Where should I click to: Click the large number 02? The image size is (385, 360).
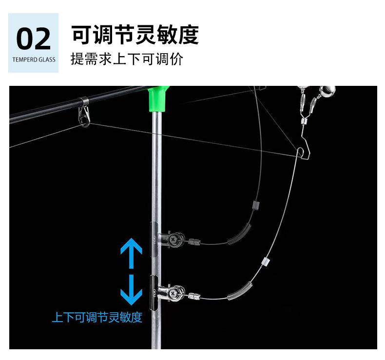(x=33, y=39)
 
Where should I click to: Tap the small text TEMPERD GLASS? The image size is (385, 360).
(x=33, y=60)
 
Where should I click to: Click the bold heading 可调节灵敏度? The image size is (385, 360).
(x=135, y=35)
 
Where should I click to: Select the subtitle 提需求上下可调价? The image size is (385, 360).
(x=127, y=60)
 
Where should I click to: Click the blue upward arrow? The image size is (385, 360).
(x=131, y=253)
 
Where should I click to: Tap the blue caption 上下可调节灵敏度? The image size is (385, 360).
(x=97, y=318)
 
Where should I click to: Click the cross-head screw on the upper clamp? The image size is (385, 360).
(x=174, y=239)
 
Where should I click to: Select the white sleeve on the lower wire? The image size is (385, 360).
(x=265, y=261)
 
